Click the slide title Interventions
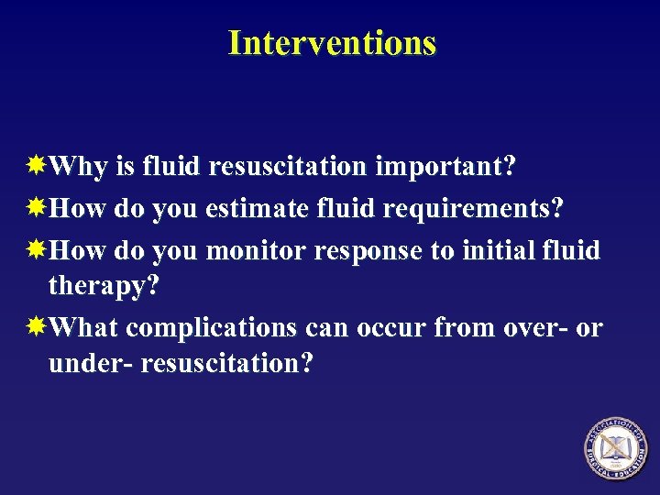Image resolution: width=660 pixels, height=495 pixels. (x=331, y=43)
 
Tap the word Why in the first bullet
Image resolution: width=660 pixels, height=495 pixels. (x=78, y=168)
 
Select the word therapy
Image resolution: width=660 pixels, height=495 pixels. (x=104, y=286)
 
